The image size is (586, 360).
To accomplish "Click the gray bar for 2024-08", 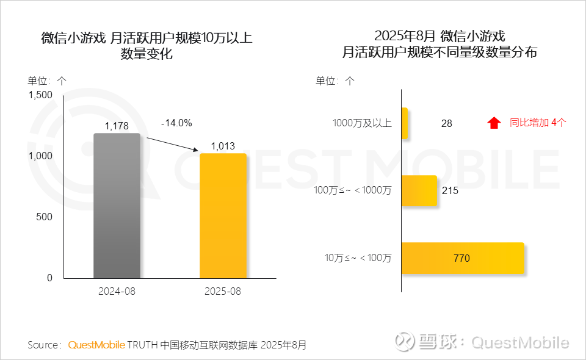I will pos(117,206).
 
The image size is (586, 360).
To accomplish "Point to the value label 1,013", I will pos(223,146).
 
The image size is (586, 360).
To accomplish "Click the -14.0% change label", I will pos(176,123).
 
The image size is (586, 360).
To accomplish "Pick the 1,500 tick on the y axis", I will pos(41,95).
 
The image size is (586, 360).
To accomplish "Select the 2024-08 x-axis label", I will pos(117,292).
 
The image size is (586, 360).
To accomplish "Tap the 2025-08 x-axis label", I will pos(223,292).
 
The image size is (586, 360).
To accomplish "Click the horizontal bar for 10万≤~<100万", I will pos(463,258).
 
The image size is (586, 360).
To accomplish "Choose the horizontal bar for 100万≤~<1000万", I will pos(419,190).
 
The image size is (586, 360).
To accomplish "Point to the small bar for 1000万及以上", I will pos(404,123).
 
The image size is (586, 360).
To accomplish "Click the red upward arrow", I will pos(494,123).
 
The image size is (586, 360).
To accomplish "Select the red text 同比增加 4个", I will pos(538,123).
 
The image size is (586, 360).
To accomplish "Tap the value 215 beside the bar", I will pos(449,191).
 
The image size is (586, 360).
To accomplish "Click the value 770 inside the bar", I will pos(461,258).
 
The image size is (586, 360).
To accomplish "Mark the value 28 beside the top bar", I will pos(446,123).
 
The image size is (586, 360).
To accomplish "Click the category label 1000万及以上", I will pos(362,123).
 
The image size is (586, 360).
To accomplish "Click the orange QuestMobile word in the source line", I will pos(96,345).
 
